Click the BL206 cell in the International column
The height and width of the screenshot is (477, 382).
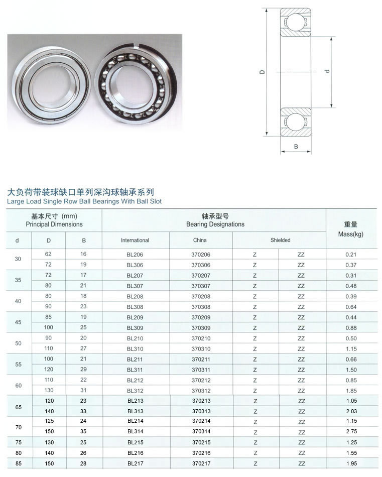coord(135,255)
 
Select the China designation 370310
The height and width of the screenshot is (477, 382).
coord(201,349)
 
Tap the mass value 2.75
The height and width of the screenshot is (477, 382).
coord(351,431)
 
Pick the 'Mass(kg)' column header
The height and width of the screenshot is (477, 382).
coord(351,234)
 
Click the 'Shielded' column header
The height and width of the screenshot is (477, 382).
coord(280,240)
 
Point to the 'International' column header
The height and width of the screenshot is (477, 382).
coord(135,241)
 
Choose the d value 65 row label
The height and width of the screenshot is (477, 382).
coord(18,407)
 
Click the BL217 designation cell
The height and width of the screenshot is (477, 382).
coord(136,463)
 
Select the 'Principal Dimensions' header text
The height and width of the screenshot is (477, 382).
coord(54,224)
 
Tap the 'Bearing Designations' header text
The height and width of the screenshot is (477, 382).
coord(215,224)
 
